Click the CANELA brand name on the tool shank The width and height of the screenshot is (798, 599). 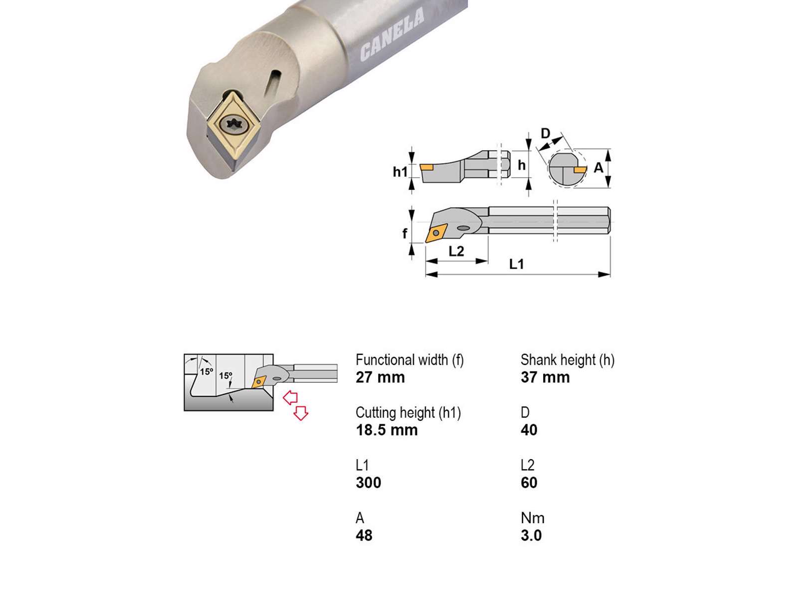click(x=392, y=34)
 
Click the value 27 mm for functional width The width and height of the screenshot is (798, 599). click(x=380, y=377)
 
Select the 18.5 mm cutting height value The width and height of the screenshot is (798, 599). click(x=387, y=430)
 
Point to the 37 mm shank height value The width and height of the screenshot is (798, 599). click(x=545, y=377)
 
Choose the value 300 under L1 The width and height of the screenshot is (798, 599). click(x=368, y=483)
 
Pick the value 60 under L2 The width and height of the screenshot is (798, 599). click(x=529, y=483)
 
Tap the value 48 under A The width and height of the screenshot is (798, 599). click(x=364, y=536)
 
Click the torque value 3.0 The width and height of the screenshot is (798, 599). click(x=531, y=536)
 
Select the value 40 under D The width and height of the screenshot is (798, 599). click(x=529, y=430)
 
